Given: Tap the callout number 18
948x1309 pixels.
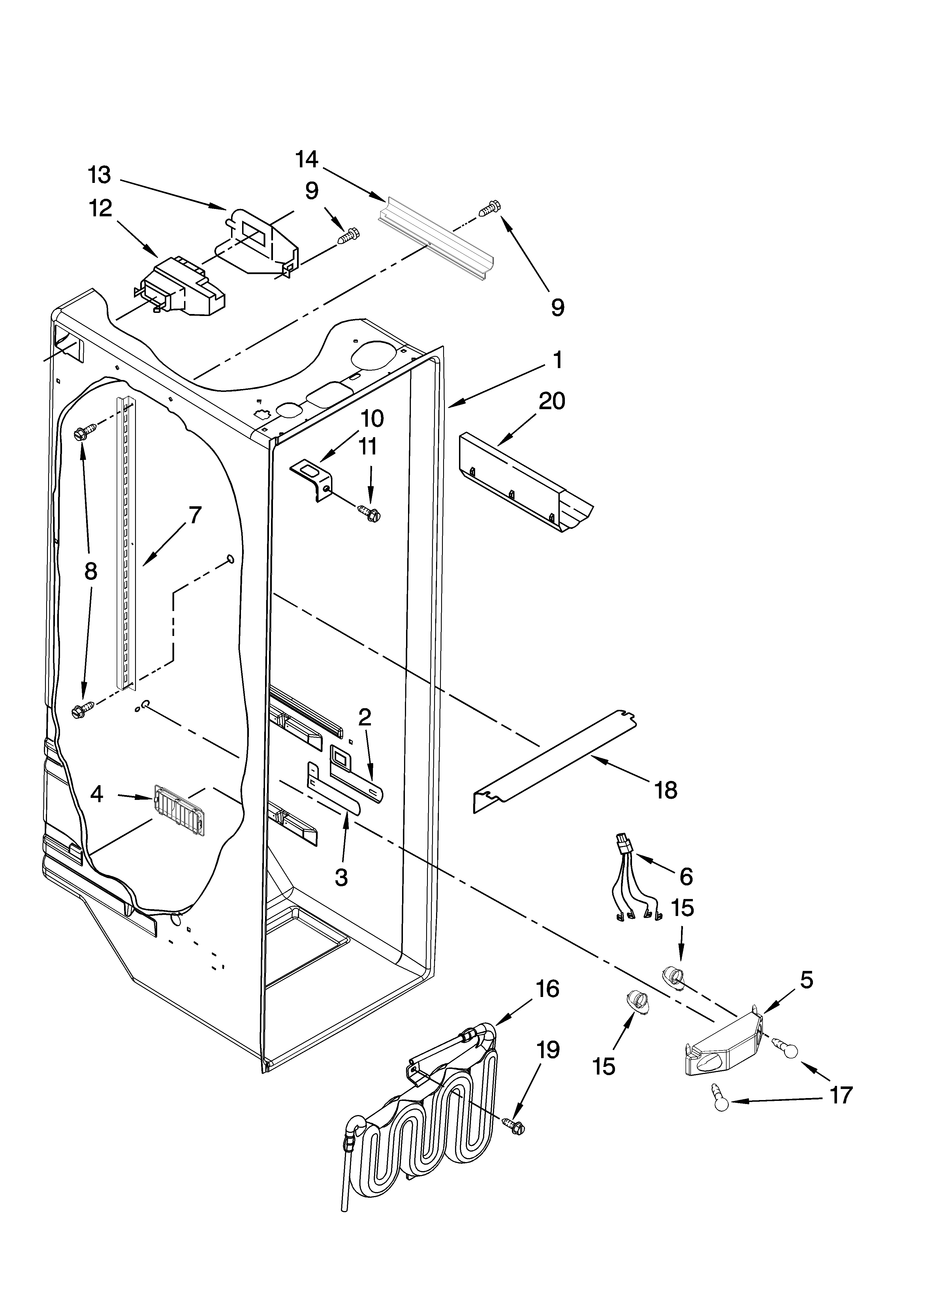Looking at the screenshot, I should [666, 790].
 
